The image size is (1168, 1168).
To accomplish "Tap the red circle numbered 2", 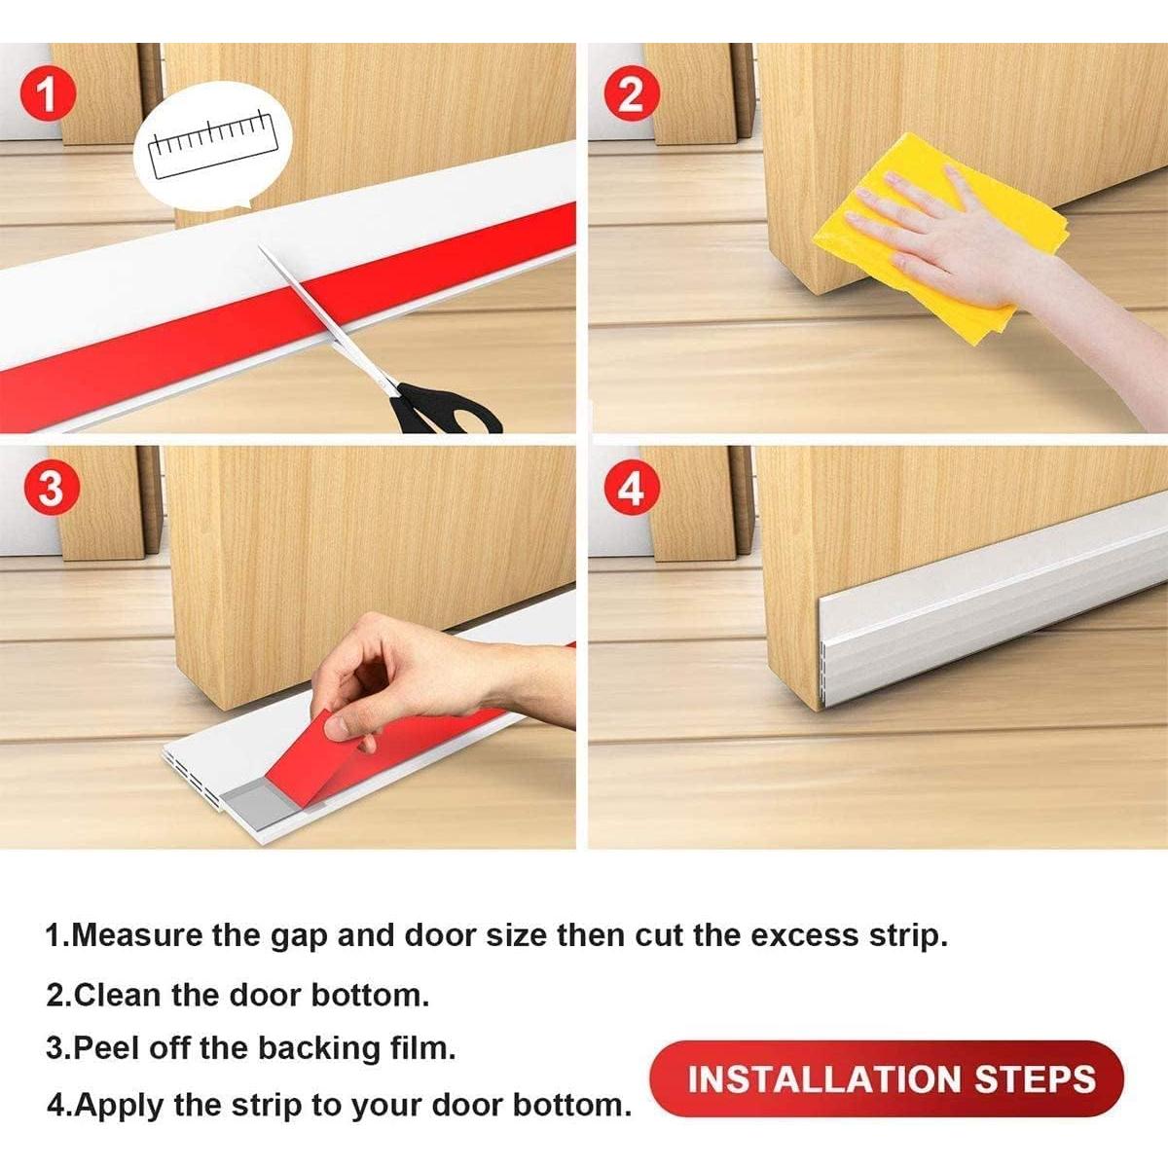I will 631,95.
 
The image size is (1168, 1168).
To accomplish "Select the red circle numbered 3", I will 50,488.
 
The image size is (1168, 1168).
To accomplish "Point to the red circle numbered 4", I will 631,488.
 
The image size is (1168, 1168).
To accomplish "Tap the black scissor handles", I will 443,409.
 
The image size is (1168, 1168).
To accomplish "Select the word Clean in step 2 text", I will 118,995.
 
